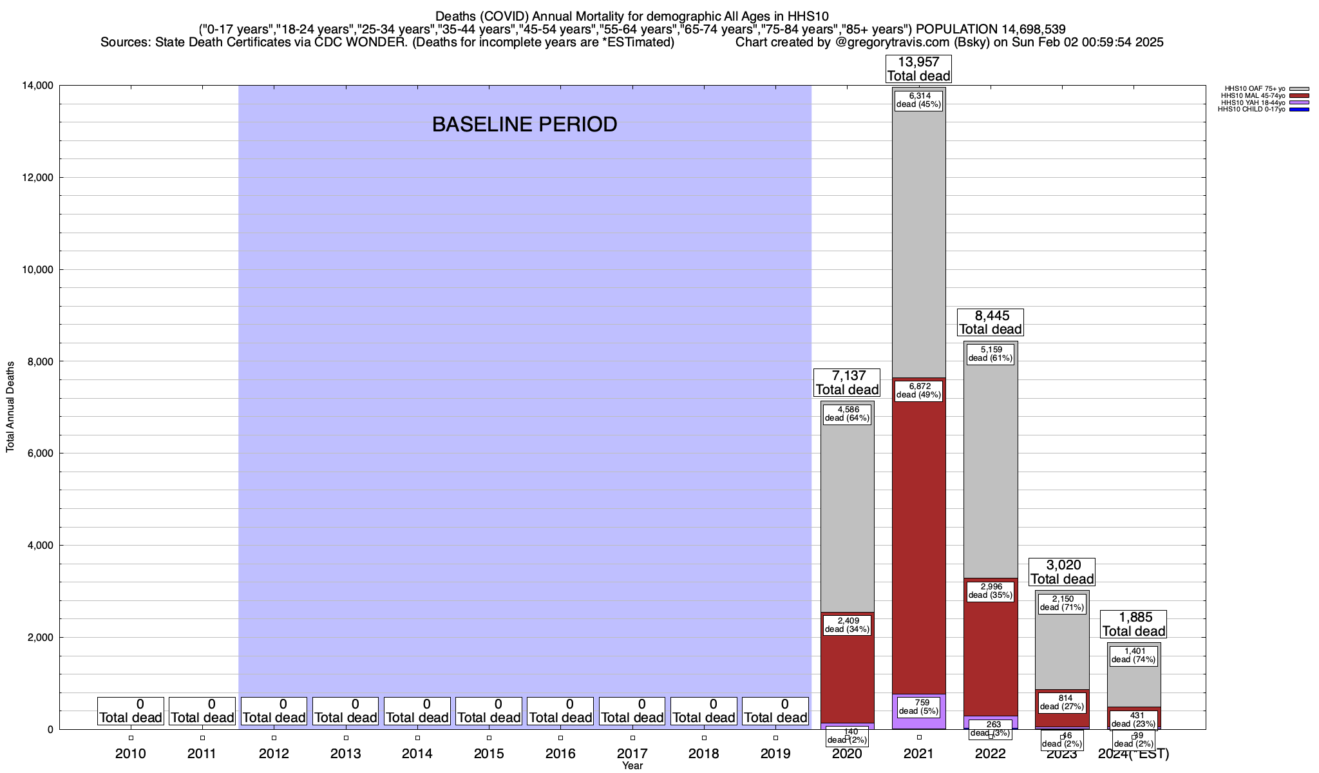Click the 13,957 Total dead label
(x=918, y=69)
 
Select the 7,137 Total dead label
(x=847, y=383)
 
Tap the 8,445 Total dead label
(x=991, y=323)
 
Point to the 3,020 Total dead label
(x=1062, y=572)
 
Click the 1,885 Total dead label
(x=1134, y=624)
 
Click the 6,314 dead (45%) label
(x=918, y=100)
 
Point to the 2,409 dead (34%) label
(x=847, y=625)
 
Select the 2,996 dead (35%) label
(x=991, y=591)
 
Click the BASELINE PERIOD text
(x=524, y=124)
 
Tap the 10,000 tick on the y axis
(x=37, y=270)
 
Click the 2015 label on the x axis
(x=489, y=754)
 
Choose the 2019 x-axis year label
(x=775, y=754)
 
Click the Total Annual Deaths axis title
(x=10, y=406)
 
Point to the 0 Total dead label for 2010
(x=131, y=711)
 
